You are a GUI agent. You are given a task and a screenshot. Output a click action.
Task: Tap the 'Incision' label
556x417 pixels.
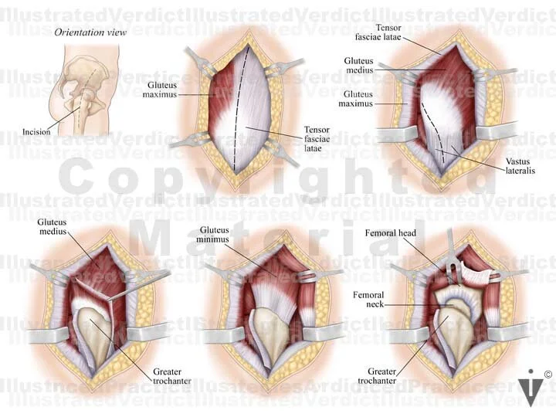tap(36, 131)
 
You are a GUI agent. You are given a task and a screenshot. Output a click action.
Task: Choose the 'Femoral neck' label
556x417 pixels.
tap(368, 300)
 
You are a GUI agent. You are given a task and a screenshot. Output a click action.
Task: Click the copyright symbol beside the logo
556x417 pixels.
tap(547, 375)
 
